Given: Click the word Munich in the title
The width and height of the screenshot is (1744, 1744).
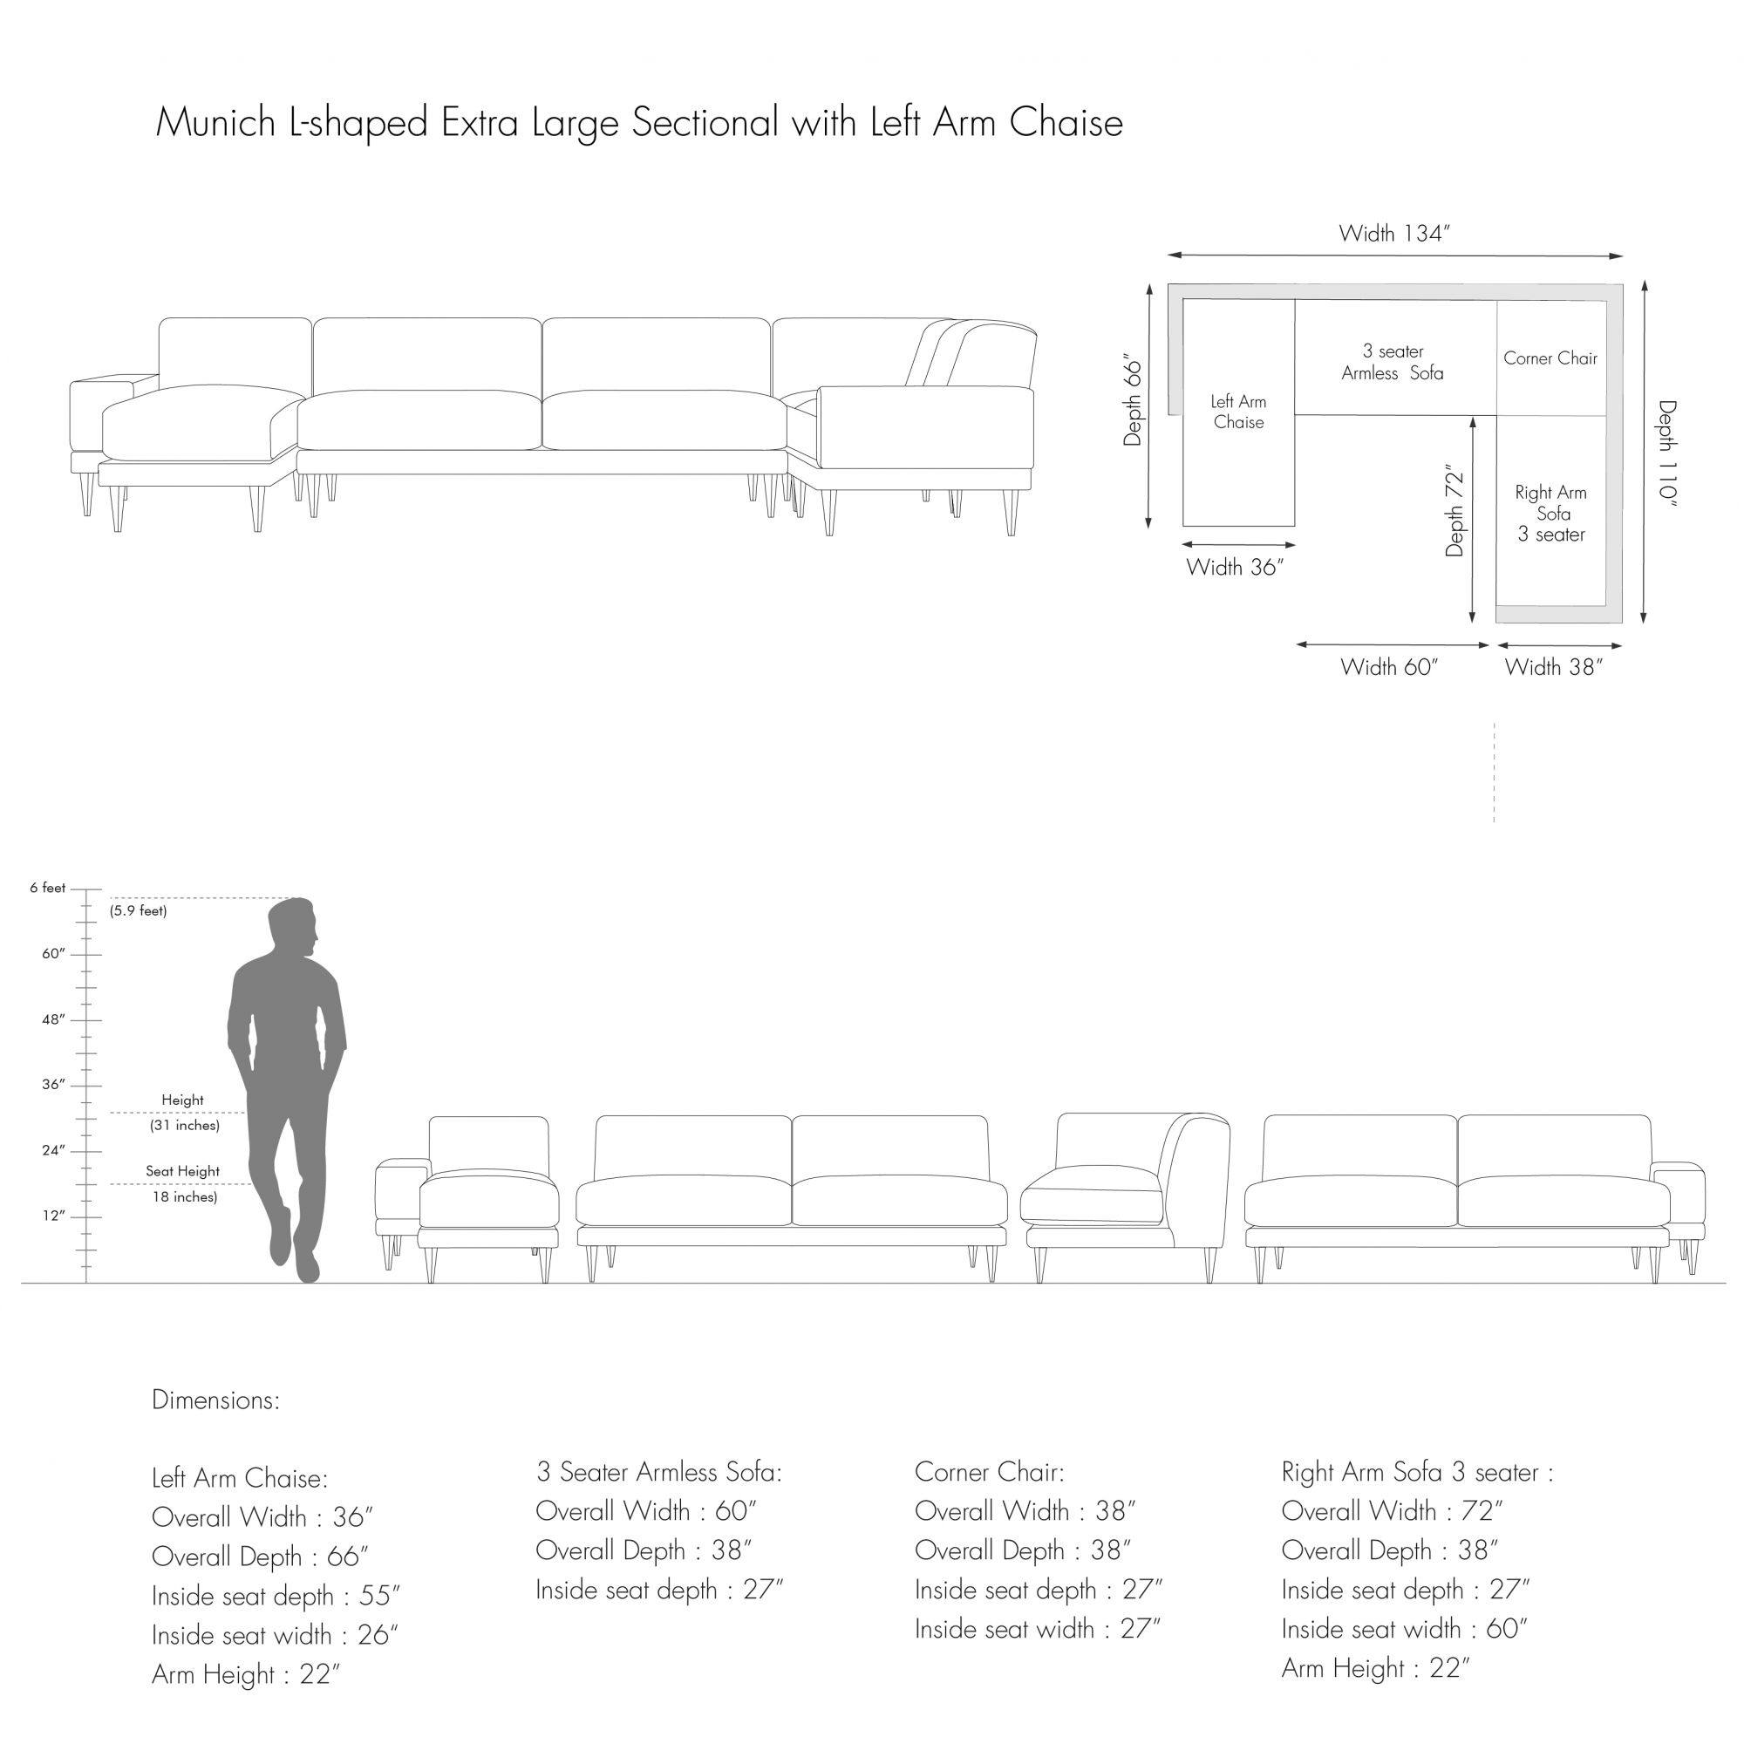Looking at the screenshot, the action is click(215, 123).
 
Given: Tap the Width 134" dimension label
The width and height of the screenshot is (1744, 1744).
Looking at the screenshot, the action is click(1393, 234).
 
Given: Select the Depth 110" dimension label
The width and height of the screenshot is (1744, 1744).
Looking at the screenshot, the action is click(1666, 455).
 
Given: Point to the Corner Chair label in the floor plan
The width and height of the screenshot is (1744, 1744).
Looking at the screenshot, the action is click(1550, 358).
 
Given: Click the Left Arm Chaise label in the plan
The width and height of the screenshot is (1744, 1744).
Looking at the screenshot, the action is click(1238, 412).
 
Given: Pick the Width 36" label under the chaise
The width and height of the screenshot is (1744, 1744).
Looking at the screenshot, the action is click(1234, 568).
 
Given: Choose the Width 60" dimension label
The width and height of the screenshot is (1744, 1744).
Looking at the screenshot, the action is click(1388, 667).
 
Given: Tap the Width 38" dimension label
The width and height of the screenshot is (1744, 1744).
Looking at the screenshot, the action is click(1554, 667).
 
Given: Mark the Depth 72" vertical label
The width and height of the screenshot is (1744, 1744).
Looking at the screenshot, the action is click(1454, 511).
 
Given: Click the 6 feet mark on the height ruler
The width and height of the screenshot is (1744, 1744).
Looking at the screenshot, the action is click(48, 889).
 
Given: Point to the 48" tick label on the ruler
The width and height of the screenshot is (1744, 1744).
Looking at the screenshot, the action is click(53, 1020).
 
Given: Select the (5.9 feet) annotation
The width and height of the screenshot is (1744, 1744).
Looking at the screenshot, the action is click(138, 911).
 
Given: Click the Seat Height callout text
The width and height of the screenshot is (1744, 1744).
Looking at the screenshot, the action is click(182, 1172).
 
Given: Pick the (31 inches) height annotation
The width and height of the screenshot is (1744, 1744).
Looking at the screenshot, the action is click(184, 1126).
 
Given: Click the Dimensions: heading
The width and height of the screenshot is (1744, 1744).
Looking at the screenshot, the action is click(215, 1400).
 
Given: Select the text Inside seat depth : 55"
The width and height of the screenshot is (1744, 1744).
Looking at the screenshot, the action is click(276, 1596).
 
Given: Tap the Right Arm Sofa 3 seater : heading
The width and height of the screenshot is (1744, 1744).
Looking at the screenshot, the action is click(1417, 1472).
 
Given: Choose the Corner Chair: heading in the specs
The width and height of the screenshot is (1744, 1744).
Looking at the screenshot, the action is click(990, 1472).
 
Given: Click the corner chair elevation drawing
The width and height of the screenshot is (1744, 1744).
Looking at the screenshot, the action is click(1125, 1197).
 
